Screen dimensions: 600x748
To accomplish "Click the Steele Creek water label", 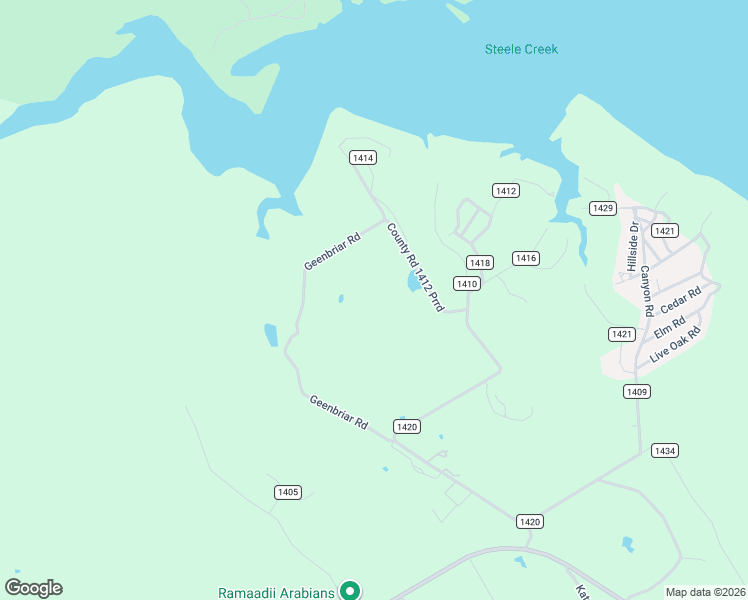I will click(521, 49).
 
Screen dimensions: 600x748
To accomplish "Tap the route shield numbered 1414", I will click(363, 158).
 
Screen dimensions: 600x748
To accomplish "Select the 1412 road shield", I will click(506, 190).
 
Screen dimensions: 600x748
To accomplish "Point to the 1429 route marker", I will click(602, 208).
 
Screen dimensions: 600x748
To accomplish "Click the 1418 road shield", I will click(480, 262).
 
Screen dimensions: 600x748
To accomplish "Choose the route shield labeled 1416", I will click(526, 258).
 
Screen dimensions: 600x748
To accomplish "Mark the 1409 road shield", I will click(636, 391).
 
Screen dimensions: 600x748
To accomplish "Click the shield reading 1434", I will click(665, 451).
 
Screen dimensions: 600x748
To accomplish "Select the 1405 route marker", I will click(288, 492).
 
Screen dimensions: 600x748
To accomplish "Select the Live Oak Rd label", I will click(677, 344).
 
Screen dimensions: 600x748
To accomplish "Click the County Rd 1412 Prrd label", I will click(414, 267).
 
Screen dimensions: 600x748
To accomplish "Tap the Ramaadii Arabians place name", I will click(277, 593).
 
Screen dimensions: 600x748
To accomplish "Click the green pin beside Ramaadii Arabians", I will click(350, 591).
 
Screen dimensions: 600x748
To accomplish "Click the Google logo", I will click(34, 588).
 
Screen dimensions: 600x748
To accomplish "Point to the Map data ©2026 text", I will click(705, 592).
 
